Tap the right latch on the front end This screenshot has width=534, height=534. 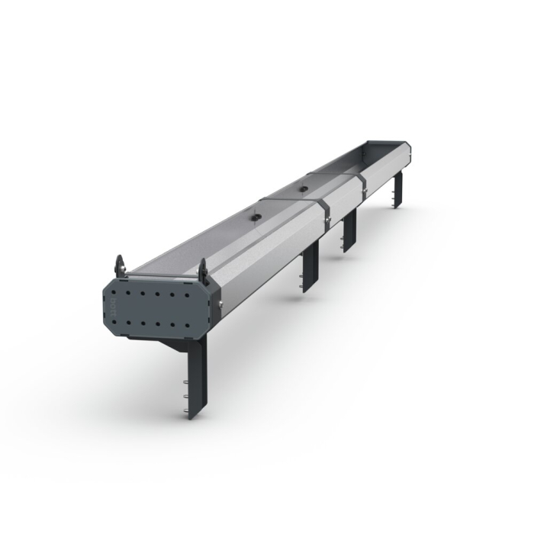coord(203,270)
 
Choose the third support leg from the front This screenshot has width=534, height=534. coord(349,230)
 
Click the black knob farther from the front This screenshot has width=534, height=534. coord(303,186)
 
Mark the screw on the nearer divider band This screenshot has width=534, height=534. coord(327,222)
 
